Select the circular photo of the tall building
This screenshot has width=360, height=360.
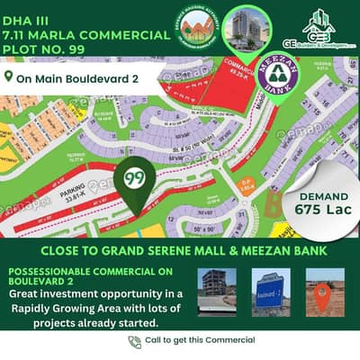(x=249, y=30)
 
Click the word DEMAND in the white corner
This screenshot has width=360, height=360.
(x=318, y=192)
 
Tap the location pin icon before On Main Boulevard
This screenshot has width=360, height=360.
(x=9, y=77)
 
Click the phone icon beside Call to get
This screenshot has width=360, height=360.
(x=134, y=341)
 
